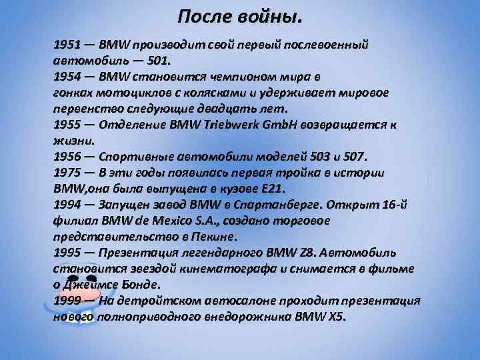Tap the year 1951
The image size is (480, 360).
click(67, 45)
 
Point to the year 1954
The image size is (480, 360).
click(67, 75)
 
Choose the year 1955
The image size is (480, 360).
click(67, 125)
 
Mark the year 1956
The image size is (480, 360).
click(67, 157)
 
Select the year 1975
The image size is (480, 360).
click(67, 172)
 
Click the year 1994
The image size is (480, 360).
click(67, 205)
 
